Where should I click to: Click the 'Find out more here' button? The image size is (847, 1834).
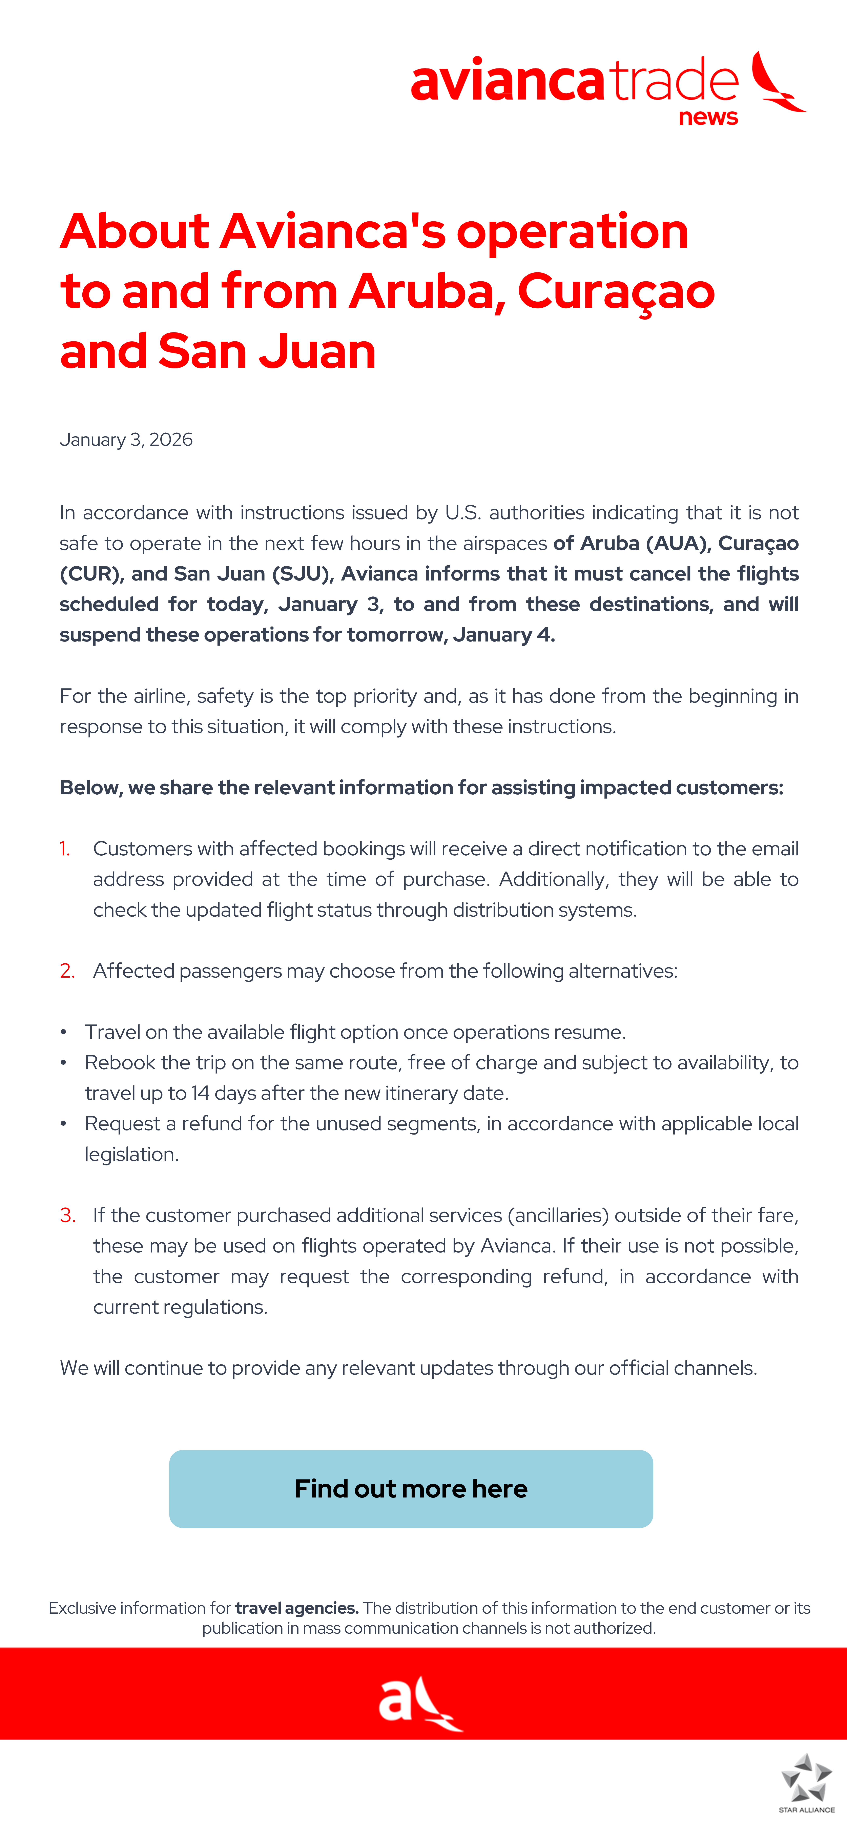pyautogui.click(x=411, y=1489)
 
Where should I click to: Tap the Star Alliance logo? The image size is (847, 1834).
pyautogui.click(x=806, y=1780)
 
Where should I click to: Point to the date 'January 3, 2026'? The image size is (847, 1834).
pyautogui.click(x=126, y=439)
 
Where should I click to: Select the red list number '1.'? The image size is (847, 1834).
pyautogui.click(x=65, y=849)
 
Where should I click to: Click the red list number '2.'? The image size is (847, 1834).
pyautogui.click(x=67, y=971)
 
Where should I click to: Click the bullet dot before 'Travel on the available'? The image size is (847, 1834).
pyautogui.click(x=63, y=1032)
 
